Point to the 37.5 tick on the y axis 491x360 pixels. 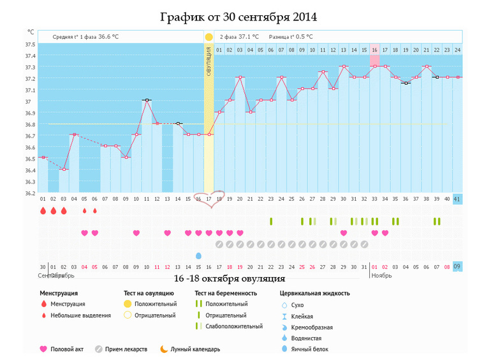point(30,45)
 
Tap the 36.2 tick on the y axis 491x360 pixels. point(30,192)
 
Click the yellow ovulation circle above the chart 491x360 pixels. point(209,38)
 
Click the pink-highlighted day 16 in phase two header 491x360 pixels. point(374,49)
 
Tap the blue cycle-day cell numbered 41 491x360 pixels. point(457,199)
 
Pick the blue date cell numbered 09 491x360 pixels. point(457,267)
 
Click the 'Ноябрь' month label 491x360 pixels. point(382,276)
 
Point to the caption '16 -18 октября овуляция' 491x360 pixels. point(230,279)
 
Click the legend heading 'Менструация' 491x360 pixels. point(59,293)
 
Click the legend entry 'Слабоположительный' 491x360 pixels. point(233,326)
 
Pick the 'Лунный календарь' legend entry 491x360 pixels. point(194,349)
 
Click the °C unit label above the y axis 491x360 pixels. point(31,31)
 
